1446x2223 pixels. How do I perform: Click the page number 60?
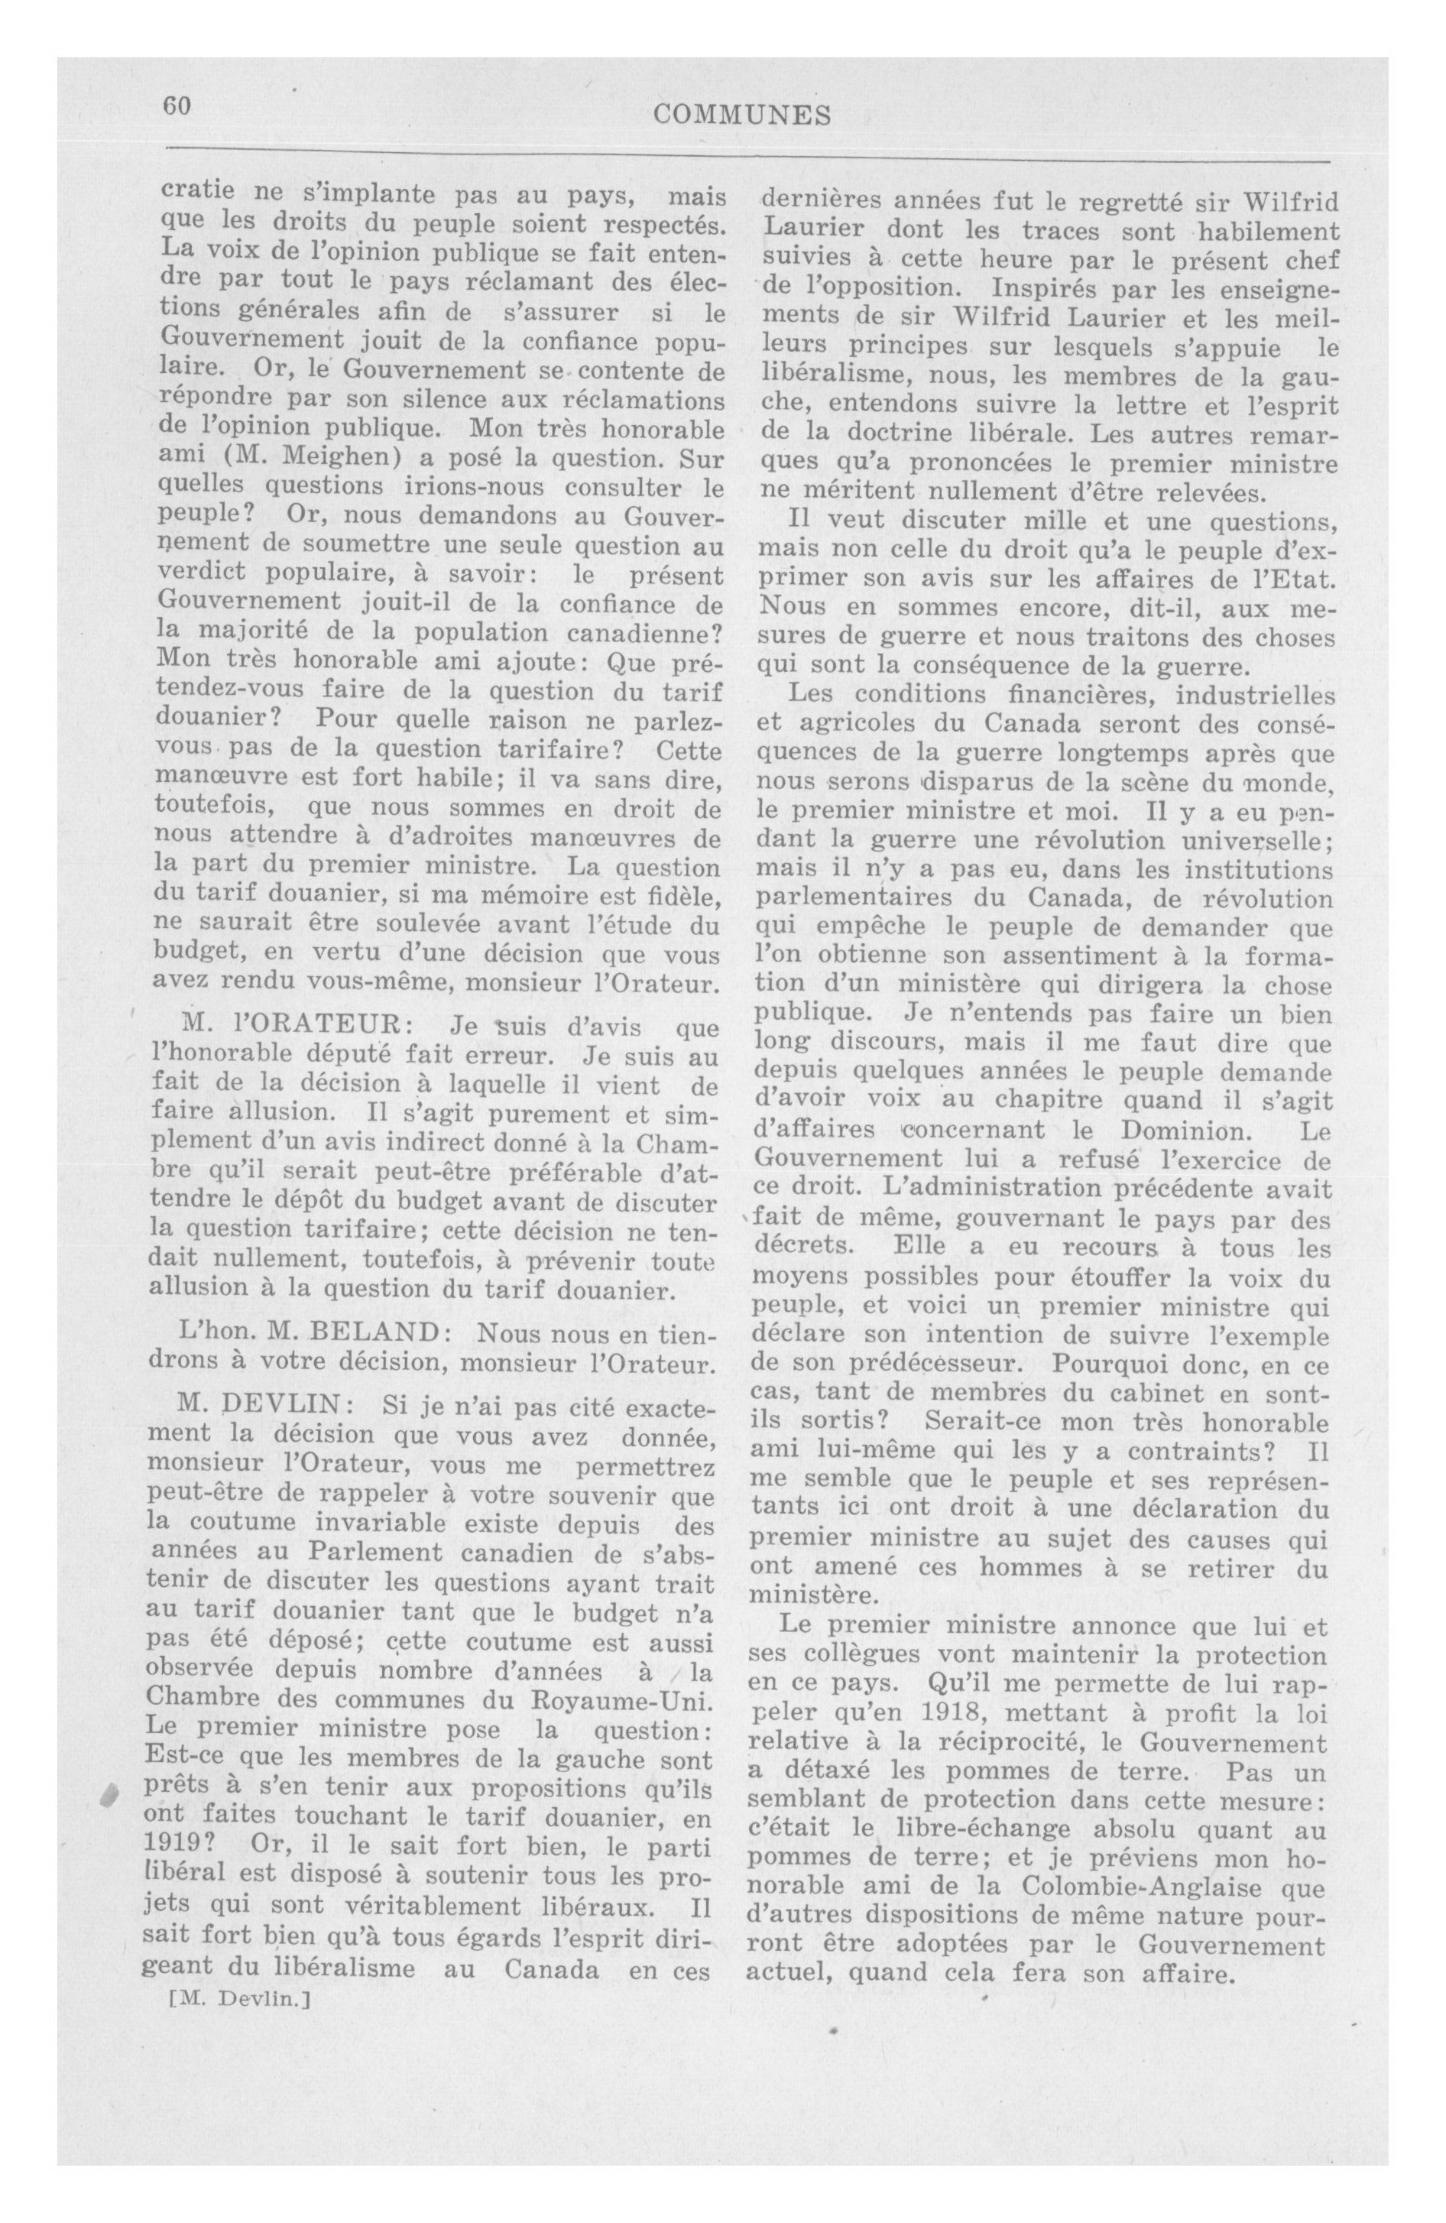point(177,106)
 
